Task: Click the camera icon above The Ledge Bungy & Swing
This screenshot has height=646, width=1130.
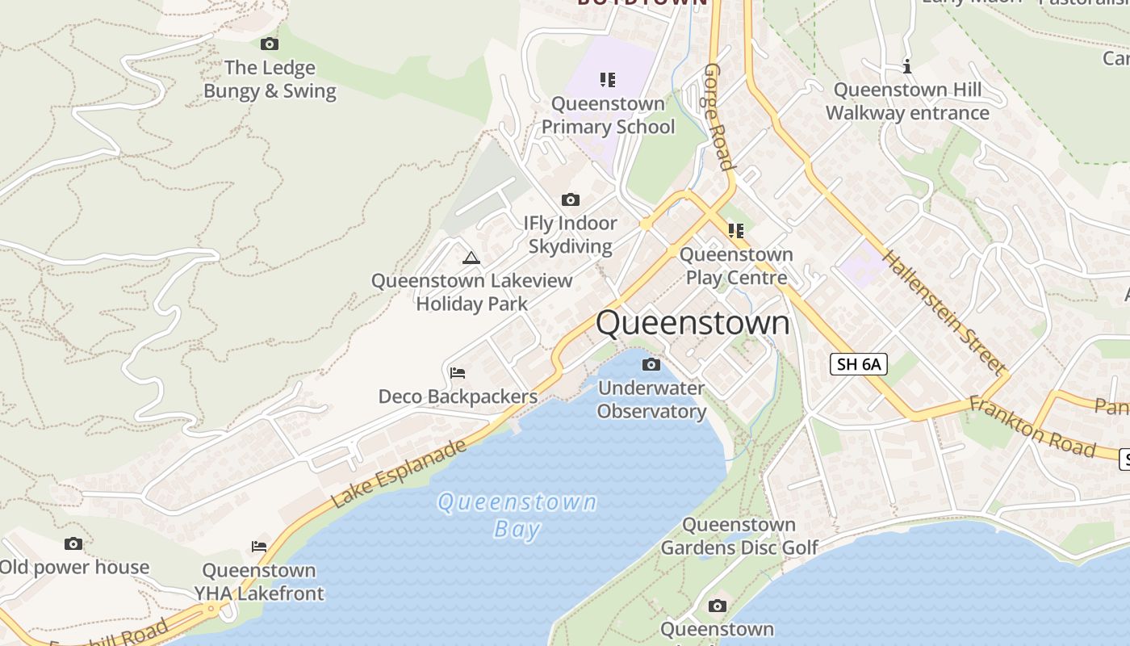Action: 270,44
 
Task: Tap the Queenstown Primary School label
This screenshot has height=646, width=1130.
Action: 608,115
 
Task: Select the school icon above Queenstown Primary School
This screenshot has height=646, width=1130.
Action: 608,79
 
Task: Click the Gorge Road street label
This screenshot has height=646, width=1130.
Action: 718,117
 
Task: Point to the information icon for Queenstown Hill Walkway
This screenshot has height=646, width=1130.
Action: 907,66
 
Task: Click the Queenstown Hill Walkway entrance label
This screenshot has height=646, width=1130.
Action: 907,102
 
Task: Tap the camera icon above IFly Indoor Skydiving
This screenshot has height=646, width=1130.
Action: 571,199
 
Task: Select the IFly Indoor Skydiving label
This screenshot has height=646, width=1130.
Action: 571,235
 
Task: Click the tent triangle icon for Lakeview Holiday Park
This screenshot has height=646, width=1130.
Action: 471,258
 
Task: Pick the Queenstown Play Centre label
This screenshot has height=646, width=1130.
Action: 736,266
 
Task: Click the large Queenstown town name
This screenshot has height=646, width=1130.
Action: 693,323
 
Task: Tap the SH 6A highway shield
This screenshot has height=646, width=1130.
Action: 859,364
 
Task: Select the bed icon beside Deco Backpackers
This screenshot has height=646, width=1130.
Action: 458,373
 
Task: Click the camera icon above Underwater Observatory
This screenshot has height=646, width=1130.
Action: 651,365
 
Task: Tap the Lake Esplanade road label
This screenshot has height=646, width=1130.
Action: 400,473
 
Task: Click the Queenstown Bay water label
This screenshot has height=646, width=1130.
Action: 517,515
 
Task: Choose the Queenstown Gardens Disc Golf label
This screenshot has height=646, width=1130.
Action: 739,536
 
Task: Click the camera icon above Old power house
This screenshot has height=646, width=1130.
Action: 73,544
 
